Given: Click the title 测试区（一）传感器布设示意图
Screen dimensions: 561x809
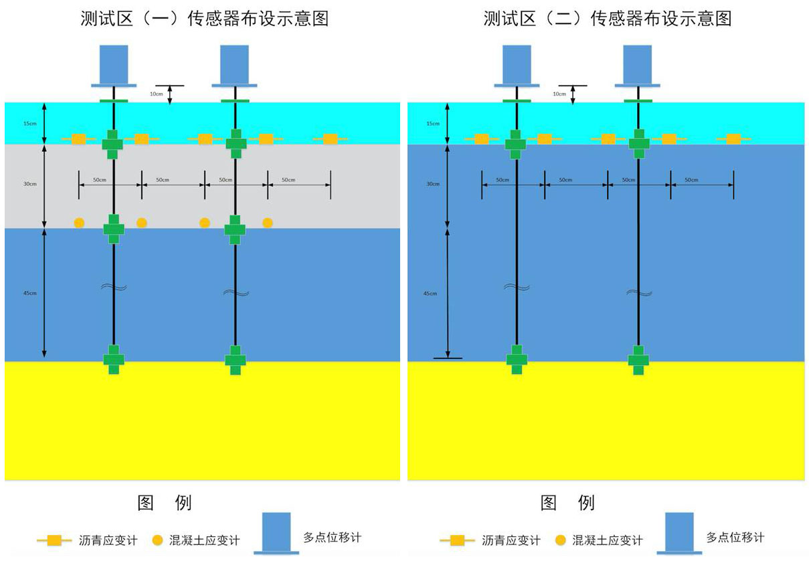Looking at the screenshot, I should tap(204, 19).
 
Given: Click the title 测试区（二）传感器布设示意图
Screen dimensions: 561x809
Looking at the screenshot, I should tap(607, 19).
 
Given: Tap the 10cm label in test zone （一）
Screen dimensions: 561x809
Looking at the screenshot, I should tap(156, 94).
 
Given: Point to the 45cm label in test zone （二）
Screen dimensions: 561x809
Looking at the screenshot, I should tap(430, 294).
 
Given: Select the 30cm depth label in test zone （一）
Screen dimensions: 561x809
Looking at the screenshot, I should tap(29, 183).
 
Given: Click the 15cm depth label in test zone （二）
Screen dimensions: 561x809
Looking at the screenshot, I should tap(433, 124).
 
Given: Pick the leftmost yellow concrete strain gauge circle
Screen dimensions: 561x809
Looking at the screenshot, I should tap(79, 223).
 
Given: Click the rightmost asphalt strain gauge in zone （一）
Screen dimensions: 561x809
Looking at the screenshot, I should tap(330, 138).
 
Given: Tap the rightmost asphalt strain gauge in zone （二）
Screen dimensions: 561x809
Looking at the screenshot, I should tap(733, 138).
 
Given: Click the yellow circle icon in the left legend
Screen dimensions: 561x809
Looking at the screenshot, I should tap(157, 540).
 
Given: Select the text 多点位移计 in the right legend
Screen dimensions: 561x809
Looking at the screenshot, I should tap(735, 537).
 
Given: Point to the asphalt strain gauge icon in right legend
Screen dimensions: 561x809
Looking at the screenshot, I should tap(457, 540).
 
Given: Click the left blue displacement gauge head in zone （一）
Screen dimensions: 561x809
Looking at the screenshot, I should tap(114, 65).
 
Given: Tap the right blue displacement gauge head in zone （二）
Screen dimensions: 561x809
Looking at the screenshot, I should tap(638, 65).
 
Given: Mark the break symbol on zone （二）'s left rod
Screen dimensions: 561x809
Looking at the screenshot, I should tap(516, 288).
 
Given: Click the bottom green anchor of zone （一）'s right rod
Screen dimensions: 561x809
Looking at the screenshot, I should tap(235, 359).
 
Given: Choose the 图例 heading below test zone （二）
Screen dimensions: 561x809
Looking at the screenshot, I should tap(567, 503).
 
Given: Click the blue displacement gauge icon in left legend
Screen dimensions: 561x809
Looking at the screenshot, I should tap(276, 533).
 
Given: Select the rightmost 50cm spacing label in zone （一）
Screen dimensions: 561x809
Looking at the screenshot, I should tap(288, 181).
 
